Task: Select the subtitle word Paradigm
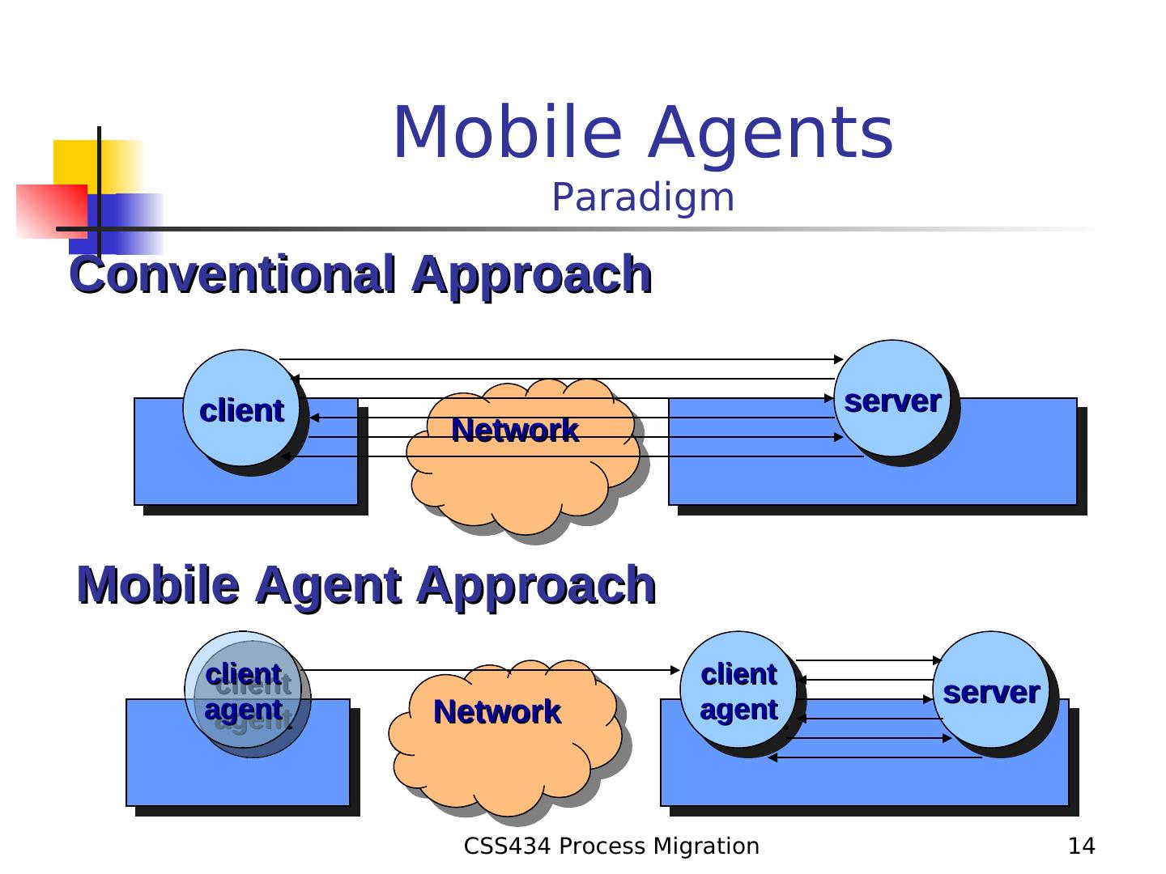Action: pos(643,198)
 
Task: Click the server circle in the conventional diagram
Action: pos(892,399)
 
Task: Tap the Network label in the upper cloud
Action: pos(515,430)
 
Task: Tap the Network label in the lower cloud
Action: pos(497,712)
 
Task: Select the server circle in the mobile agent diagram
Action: pos(991,690)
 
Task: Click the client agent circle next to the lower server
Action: pos(738,690)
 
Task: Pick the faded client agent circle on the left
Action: pos(243,692)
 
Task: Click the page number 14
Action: pos(1081,846)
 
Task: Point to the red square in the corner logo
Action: pos(49,210)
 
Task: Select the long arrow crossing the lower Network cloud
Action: pos(486,670)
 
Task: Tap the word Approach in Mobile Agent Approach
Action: pos(536,585)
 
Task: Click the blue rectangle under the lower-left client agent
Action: pos(237,769)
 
